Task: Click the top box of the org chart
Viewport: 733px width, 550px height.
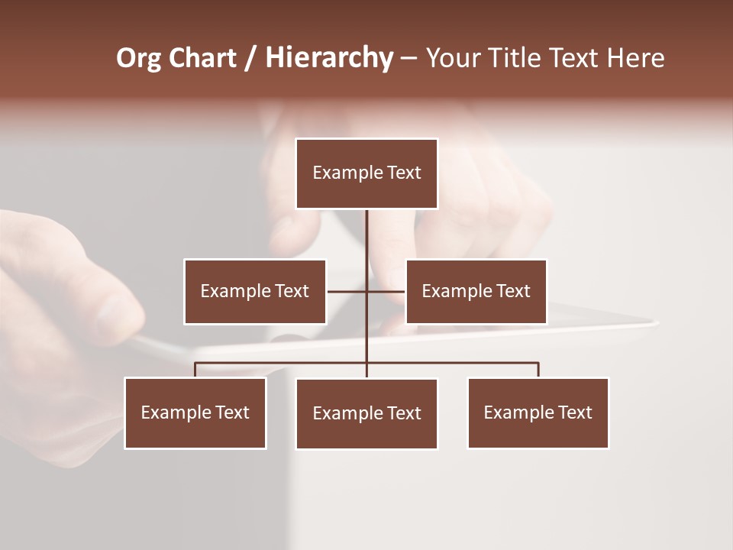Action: tap(366, 173)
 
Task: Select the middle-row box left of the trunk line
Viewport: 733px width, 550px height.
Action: tap(255, 291)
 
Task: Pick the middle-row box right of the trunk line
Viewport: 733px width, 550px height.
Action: tap(476, 291)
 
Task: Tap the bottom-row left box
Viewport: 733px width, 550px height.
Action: tap(195, 412)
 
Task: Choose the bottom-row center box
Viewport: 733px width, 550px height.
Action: tap(366, 413)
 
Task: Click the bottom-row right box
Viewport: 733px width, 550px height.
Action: tap(538, 412)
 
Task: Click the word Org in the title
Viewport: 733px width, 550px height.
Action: tap(138, 59)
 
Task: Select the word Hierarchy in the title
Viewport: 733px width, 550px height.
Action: tap(328, 59)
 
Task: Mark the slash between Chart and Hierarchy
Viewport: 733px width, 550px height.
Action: tap(250, 59)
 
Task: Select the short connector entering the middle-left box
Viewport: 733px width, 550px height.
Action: tap(346, 291)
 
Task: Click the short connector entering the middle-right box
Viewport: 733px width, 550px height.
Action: tap(386, 291)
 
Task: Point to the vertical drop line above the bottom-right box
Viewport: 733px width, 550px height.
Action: tap(538, 370)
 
